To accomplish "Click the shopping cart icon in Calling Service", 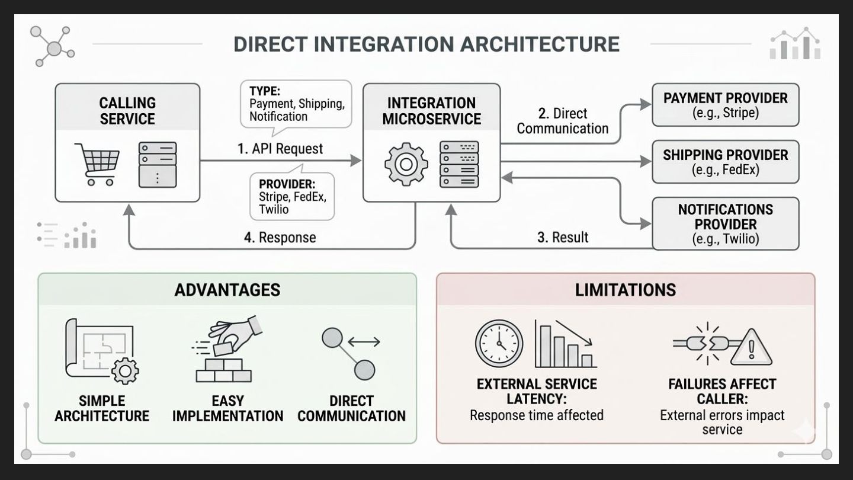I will pyautogui.click(x=97, y=164).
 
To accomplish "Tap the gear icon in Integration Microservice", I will pyautogui.click(x=406, y=164).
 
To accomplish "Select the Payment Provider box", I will pyautogui.click(x=725, y=105).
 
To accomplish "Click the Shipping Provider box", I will pyautogui.click(x=725, y=162).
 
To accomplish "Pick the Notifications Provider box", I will pyautogui.click(x=725, y=224).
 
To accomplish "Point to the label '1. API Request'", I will pyautogui.click(x=280, y=149).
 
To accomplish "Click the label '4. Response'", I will pyautogui.click(x=280, y=238).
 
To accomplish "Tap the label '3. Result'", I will pyautogui.click(x=563, y=238).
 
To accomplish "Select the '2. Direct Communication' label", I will pyautogui.click(x=562, y=121).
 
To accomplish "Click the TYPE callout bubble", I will pyautogui.click(x=296, y=104).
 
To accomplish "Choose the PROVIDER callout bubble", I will pyautogui.click(x=291, y=196).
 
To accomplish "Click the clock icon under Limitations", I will pyautogui.click(x=499, y=344).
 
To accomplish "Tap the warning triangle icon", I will pyautogui.click(x=751, y=348).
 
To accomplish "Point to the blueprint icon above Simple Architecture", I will pyautogui.click(x=101, y=350).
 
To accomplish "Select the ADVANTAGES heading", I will pyautogui.click(x=227, y=290).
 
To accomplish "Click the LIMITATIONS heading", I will pyautogui.click(x=625, y=290).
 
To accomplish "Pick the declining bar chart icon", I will pyautogui.click(x=565, y=344).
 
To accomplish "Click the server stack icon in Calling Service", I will pyautogui.click(x=157, y=164).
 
